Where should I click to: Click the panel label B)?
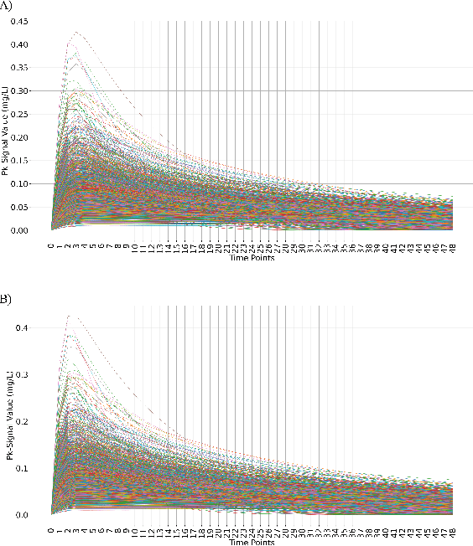[x=6, y=298]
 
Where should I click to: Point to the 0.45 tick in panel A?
[x=19, y=21]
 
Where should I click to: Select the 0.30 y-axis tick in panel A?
[x=19, y=90]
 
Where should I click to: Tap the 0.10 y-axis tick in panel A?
[x=19, y=183]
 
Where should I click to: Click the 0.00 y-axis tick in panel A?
[x=19, y=229]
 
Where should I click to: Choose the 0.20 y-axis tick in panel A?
[x=19, y=137]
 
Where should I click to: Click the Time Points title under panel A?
[x=252, y=258]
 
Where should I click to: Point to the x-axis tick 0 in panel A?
[x=51, y=247]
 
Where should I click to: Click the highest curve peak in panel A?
[x=76, y=32]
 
